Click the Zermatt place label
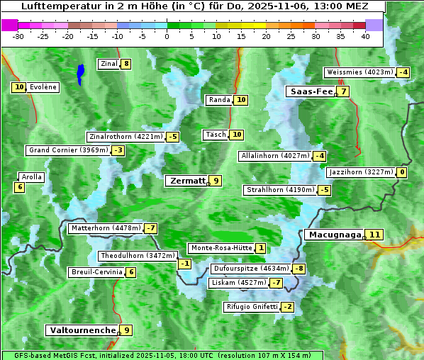(x=186, y=181)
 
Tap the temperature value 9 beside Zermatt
(x=216, y=181)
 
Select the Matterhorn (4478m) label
(x=106, y=228)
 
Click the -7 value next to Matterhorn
(x=150, y=228)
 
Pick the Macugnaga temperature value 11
(x=374, y=235)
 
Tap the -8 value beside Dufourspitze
(x=299, y=269)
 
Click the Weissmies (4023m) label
(x=359, y=72)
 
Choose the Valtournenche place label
(x=82, y=330)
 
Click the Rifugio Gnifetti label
(x=252, y=307)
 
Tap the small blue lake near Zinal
(x=81, y=73)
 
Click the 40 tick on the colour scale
(x=365, y=36)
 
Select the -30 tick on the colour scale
(x=18, y=36)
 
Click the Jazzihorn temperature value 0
(x=402, y=172)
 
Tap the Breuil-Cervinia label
(x=96, y=272)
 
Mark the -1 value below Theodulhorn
(x=184, y=264)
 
